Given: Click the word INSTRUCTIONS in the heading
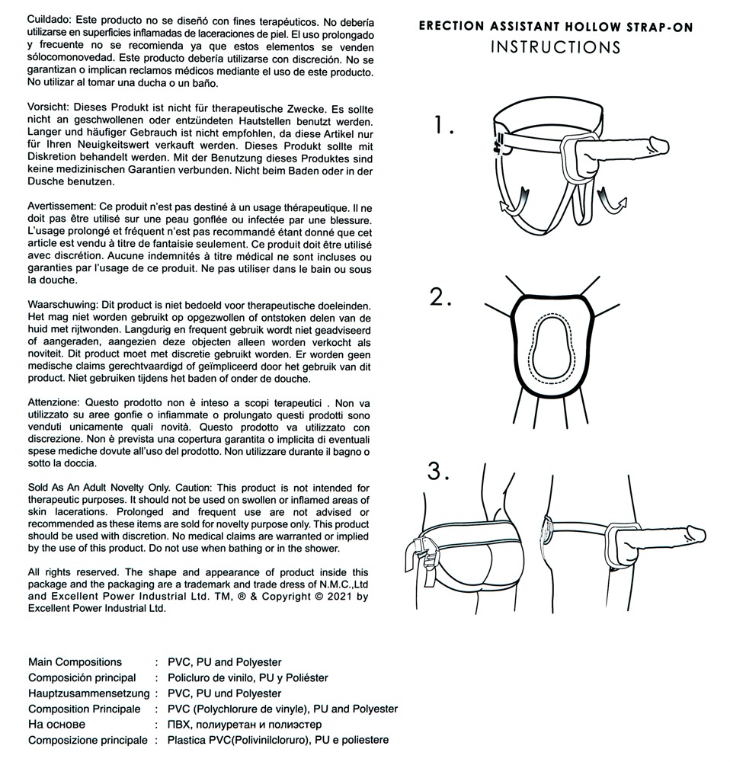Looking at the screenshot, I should (555, 47).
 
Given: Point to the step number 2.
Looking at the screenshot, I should (440, 297).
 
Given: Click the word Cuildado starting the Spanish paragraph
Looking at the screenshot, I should (49, 17).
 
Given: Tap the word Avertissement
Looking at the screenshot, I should (59, 207).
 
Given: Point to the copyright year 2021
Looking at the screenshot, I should (334, 597).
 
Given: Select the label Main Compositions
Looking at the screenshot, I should (75, 662).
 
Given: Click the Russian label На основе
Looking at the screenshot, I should (56, 725).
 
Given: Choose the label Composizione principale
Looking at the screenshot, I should (88, 740).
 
